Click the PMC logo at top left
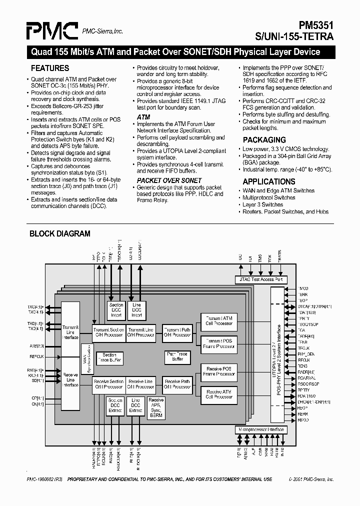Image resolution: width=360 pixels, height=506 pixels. pos(52,31)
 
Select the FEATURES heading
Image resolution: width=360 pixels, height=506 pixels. pos(50,68)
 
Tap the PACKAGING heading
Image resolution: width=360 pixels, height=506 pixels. pos(264,140)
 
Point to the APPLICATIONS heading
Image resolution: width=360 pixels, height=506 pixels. pos(269,181)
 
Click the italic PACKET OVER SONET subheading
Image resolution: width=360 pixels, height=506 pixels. pos(169,180)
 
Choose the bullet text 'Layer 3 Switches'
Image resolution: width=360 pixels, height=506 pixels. pos(262,204)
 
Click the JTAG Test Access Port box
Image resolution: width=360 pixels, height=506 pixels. pos(261,279)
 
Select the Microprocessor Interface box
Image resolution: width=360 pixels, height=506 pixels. pos(260,429)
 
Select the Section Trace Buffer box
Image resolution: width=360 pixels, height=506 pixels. pos(109,357)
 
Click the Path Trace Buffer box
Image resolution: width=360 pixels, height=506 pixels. pos(177,356)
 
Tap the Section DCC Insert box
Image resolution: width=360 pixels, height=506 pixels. pos(116,310)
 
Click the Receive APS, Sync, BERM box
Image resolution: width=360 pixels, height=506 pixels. pos(156,407)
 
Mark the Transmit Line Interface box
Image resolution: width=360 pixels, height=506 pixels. pos(70,332)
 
